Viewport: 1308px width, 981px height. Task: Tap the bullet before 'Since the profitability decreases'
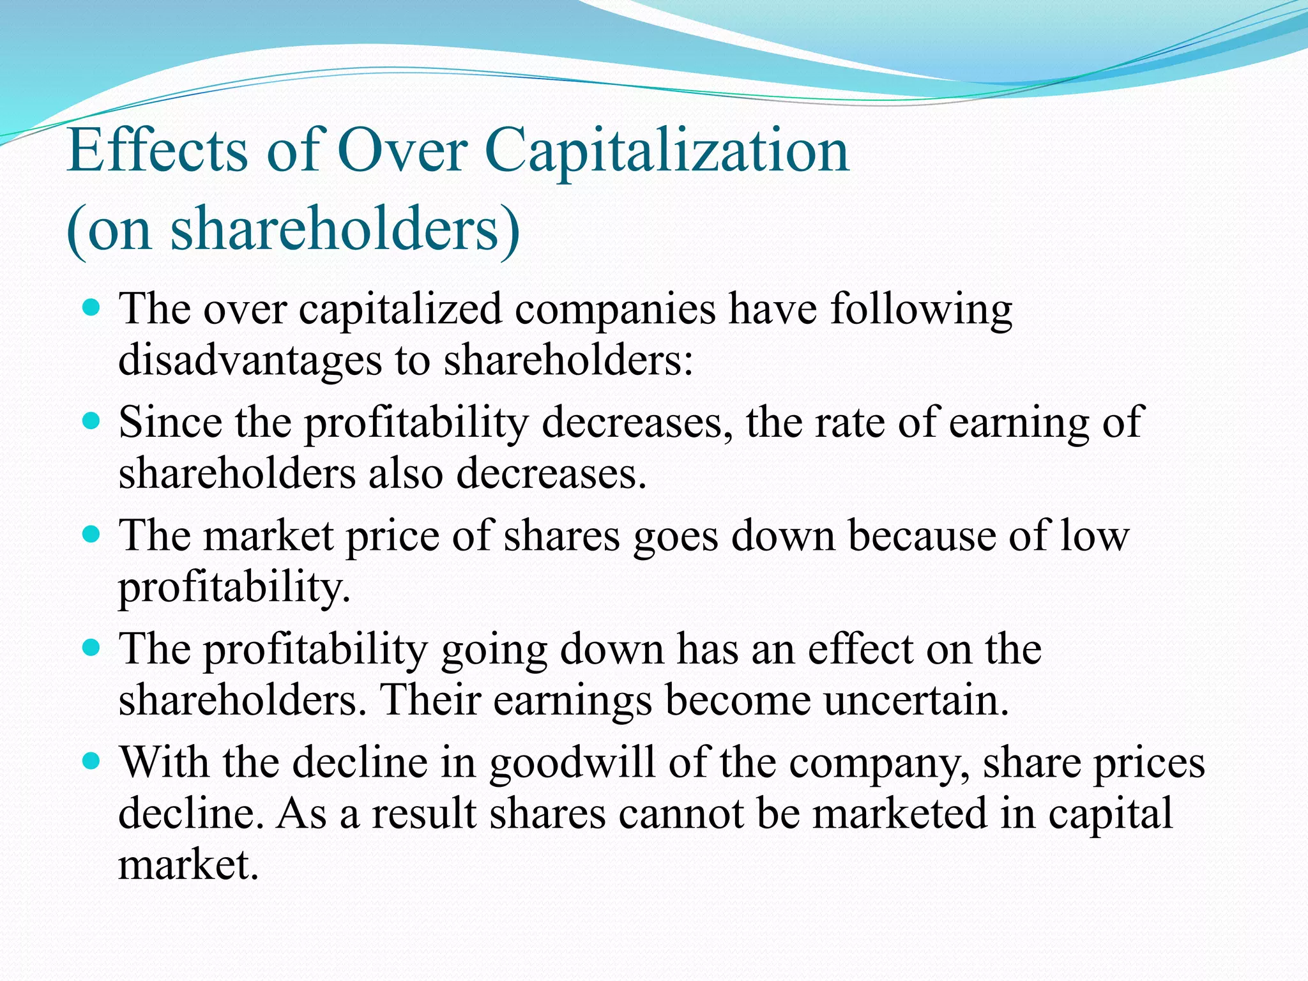92,422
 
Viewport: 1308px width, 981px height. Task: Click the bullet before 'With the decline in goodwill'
92,761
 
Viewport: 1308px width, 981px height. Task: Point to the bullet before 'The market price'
92,535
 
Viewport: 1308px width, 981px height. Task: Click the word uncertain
916,700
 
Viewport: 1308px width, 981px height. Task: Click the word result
425,814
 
